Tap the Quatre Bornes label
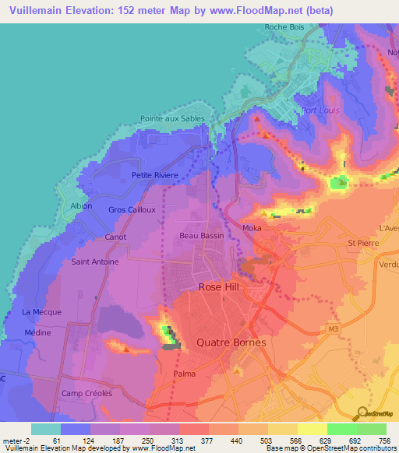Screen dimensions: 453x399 point(231,342)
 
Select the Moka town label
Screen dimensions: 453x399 point(252,227)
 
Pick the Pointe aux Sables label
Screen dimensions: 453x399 point(172,118)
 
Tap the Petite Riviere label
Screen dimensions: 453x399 point(155,175)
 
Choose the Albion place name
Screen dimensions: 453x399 point(81,206)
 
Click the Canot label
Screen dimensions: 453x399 point(115,237)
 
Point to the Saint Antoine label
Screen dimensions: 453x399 point(95,262)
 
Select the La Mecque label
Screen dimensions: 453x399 point(41,312)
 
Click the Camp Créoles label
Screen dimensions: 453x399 point(87,393)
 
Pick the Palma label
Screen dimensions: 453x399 point(184,374)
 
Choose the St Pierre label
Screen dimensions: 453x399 point(362,243)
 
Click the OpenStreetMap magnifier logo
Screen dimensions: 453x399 point(362,413)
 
